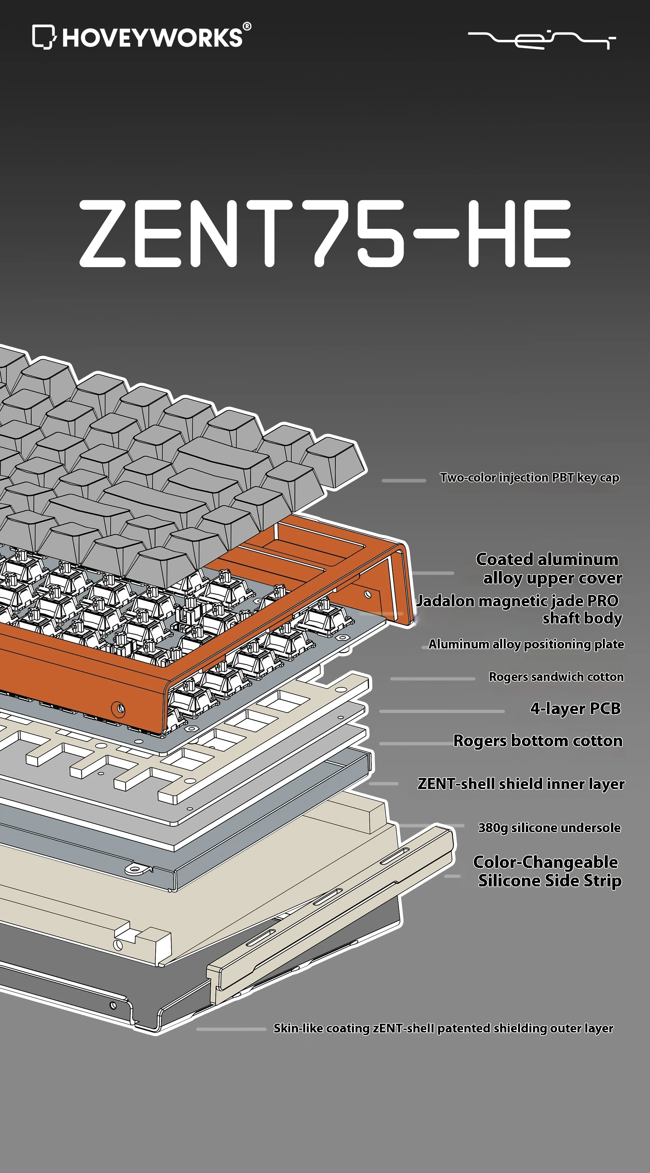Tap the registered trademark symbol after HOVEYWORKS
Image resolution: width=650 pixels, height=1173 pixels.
247,26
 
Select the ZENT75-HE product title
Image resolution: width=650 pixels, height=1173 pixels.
325,233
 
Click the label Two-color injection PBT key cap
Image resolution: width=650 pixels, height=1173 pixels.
529,478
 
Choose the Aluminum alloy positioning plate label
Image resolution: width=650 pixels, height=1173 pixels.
526,644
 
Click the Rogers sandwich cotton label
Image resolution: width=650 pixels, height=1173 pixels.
556,677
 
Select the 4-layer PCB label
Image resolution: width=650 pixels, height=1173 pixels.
575,709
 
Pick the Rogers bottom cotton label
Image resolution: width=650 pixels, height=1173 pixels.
538,741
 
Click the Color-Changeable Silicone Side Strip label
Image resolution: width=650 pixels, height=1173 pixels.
547,871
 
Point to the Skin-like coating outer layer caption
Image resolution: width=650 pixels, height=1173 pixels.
443,1028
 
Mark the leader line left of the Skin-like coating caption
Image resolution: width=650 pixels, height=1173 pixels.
231,1029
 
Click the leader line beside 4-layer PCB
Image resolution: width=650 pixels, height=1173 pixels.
441,711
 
